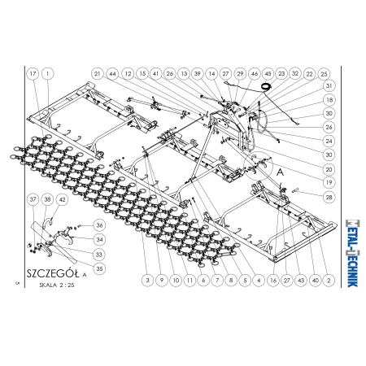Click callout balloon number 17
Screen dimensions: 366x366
click(33, 73)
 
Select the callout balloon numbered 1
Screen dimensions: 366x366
click(48, 73)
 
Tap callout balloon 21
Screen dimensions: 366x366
click(98, 73)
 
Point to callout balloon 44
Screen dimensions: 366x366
click(112, 74)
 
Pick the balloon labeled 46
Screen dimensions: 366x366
click(255, 73)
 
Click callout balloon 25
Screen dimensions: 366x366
click(324, 74)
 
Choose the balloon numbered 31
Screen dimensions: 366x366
click(329, 85)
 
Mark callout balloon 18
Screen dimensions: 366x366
click(329, 100)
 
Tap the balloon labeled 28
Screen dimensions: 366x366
click(329, 197)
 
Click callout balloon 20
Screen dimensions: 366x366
click(329, 169)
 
